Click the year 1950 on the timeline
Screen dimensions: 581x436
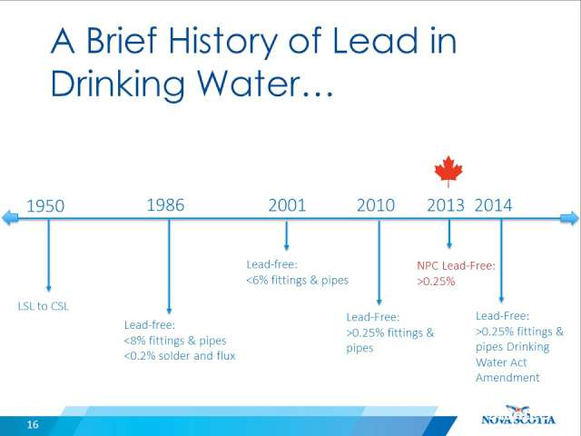pos(45,206)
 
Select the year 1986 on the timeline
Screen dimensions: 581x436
pos(165,205)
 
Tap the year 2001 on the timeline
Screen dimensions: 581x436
pos(287,205)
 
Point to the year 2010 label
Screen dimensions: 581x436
pos(376,205)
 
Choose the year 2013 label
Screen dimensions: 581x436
pos(446,205)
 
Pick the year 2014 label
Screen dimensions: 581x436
pos(494,205)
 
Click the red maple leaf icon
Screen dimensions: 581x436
pos(448,171)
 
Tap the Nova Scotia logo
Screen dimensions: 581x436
pos(518,415)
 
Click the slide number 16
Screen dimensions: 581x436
pos(33,424)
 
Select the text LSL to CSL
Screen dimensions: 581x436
pos(44,306)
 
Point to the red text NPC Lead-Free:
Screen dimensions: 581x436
pos(456,265)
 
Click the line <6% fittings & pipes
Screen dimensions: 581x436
pos(298,280)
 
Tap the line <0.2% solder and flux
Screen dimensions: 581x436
pos(180,356)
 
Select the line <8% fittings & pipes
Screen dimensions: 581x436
pos(175,341)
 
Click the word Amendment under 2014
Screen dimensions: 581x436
pos(507,378)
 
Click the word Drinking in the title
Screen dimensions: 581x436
pos(117,84)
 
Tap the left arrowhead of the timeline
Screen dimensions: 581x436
pos(10,218)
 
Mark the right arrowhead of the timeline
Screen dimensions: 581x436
pos(569,218)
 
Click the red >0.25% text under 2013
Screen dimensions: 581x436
pos(436,281)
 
